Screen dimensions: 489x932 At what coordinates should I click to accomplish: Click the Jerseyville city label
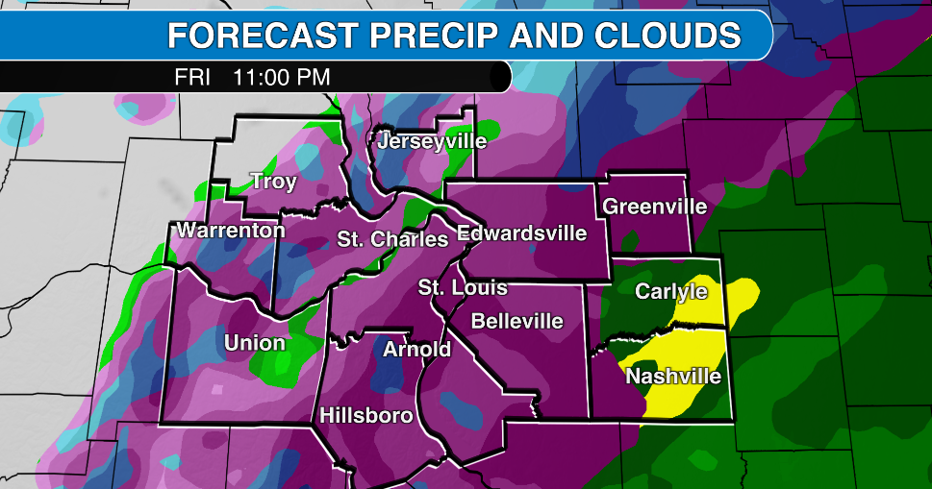pyautogui.click(x=432, y=142)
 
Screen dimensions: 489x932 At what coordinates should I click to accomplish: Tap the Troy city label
pyautogui.click(x=273, y=182)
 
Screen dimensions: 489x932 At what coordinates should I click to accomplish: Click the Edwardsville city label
pyautogui.click(x=521, y=232)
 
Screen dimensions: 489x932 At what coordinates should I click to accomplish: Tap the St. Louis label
pyautogui.click(x=462, y=287)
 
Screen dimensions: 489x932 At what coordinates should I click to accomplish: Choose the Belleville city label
pyautogui.click(x=516, y=321)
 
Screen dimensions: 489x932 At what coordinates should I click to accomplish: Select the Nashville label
pyautogui.click(x=673, y=376)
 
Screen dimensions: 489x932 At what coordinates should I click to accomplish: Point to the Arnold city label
pyautogui.click(x=416, y=349)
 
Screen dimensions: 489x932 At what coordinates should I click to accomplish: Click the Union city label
pyautogui.click(x=254, y=343)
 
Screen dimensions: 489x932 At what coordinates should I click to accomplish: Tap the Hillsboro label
pyautogui.click(x=366, y=416)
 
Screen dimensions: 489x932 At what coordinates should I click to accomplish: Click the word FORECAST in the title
pyautogui.click(x=263, y=36)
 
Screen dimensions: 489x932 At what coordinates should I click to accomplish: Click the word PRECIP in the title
pyautogui.click(x=440, y=36)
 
